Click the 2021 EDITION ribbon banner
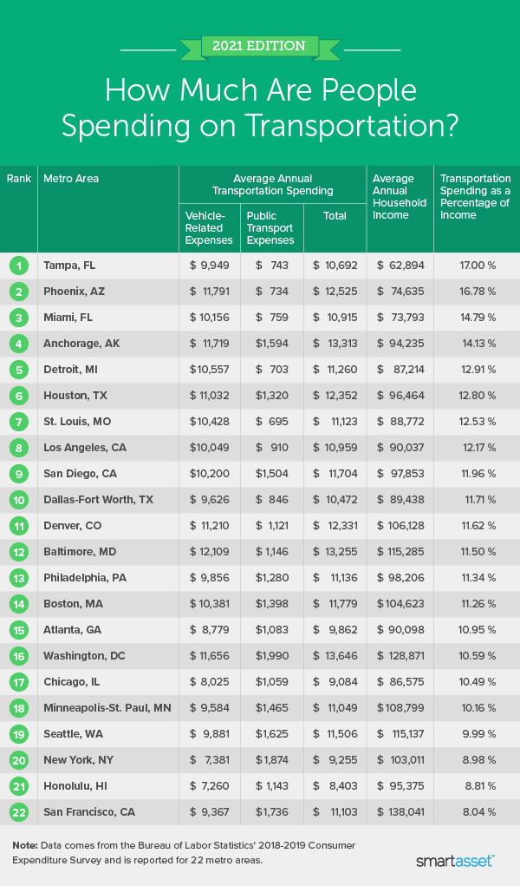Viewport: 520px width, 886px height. point(259,46)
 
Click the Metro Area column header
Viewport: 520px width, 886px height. point(71,179)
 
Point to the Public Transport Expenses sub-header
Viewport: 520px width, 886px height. point(270,227)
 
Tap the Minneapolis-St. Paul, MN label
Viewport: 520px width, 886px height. point(107,708)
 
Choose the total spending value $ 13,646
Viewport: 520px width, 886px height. point(334,657)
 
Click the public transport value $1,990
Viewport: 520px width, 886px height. point(271,657)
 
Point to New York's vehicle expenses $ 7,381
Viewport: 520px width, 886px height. point(209,760)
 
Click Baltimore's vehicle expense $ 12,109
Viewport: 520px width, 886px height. point(209,553)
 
